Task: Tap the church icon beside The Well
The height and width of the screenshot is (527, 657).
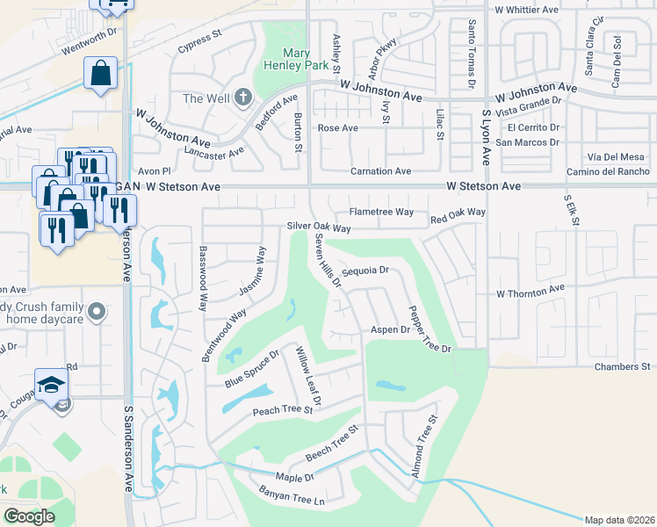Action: coord(243,97)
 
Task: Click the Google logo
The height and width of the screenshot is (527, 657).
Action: coord(29,516)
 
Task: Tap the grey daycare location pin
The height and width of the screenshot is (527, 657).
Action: coord(97,312)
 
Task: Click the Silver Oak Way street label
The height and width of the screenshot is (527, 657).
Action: coord(319,227)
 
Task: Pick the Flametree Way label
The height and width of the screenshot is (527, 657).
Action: coord(381,212)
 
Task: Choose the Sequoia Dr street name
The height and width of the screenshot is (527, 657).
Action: coord(365,271)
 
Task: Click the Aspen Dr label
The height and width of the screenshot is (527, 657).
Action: coord(390,329)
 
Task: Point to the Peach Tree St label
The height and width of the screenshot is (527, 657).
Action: coord(283,409)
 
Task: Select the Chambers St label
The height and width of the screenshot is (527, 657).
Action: coord(621,366)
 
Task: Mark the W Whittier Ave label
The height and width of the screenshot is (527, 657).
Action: coord(527,10)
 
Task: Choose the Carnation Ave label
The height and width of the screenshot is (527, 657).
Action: coord(380,171)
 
